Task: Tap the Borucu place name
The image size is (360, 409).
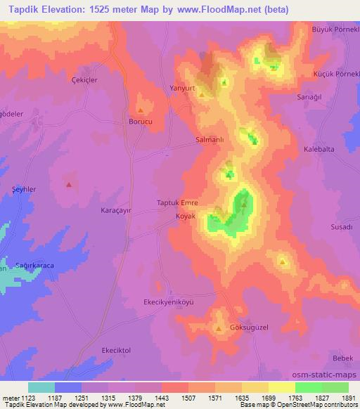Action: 141,122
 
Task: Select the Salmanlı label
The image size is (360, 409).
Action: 209,140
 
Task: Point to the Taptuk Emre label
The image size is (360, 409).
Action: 176,203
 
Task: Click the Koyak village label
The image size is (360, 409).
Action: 186,216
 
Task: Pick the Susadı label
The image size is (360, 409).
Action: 341,228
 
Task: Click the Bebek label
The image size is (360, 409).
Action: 344,358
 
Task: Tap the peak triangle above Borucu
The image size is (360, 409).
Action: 141,110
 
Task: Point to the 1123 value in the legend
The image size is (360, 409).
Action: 28,397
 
